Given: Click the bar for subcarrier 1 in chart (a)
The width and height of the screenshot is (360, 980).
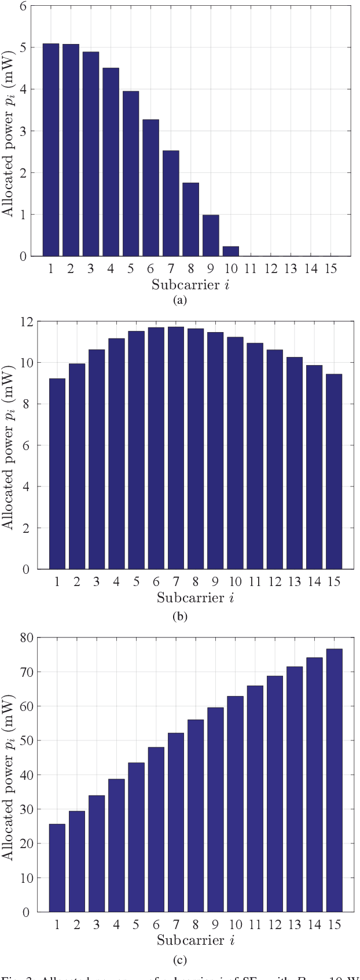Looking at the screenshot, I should click(51, 150).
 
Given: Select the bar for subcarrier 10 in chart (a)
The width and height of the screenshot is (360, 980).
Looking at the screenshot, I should click(230, 251).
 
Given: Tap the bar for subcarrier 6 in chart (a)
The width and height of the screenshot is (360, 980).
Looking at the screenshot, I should click(150, 187).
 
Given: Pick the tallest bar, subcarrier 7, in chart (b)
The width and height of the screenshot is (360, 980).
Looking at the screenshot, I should click(176, 448).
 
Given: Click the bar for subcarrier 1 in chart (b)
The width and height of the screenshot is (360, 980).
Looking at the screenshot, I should click(57, 474).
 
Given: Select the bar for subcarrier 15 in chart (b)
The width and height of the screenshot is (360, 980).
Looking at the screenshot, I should click(334, 471).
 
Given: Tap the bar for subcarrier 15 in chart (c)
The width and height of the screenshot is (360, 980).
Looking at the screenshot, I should click(334, 780).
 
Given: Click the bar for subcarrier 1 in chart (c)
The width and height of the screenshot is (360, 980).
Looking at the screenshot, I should click(57, 868).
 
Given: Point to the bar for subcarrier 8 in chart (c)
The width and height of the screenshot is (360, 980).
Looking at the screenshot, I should click(196, 816).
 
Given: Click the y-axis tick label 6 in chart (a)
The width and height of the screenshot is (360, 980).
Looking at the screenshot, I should click(23, 6).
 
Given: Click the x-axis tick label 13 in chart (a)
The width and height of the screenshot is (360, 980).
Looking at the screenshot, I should click(290, 268).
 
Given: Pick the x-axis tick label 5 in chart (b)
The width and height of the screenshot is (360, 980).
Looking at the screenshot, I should click(136, 582).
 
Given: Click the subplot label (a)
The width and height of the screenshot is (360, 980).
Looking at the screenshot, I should click(179, 300).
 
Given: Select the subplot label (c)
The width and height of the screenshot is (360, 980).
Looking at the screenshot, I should click(179, 960).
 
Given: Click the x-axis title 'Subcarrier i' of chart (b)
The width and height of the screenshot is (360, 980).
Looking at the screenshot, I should click(195, 598).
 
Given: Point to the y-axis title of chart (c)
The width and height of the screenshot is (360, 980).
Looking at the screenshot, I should click(8, 774).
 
